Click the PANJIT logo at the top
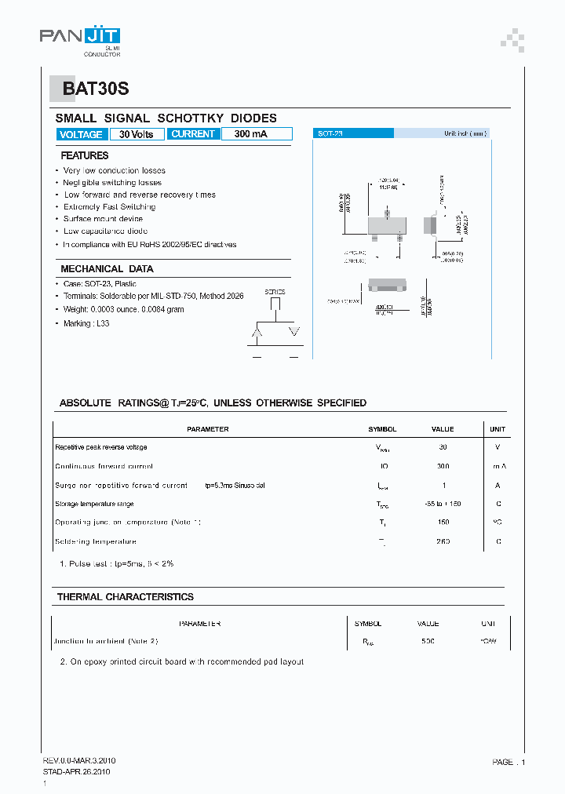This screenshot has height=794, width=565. pos(80,37)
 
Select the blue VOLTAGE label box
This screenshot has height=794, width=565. pos(81,134)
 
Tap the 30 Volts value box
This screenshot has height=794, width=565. pos(137,134)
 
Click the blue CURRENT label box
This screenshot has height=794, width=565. pos(192,134)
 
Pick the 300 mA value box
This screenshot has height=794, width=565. pos(250,134)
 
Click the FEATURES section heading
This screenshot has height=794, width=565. pos(84,155)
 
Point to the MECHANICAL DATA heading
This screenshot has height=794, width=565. pos(96,268)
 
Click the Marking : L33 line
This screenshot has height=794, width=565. pos(86,323)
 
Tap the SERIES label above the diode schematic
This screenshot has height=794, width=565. pos(275,292)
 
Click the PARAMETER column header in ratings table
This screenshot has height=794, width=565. pos(208,429)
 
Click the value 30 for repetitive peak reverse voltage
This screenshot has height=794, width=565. pos(443,447)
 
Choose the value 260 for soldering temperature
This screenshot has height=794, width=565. pos(443,541)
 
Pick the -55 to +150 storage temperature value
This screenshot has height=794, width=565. pos(443,504)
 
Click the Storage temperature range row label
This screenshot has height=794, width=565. pos(94,504)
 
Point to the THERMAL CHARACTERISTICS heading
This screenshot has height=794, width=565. pos(125,597)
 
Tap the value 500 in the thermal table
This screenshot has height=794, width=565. pos(428,642)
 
